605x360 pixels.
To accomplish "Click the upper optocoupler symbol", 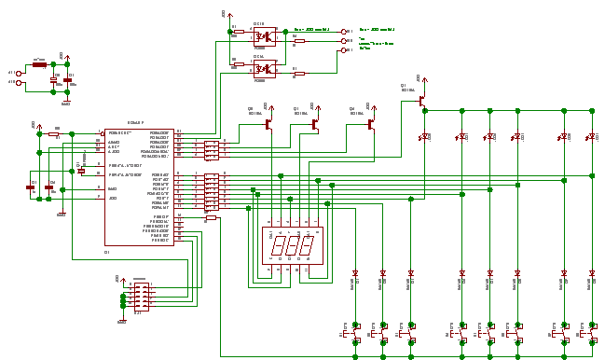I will click(x=265, y=36).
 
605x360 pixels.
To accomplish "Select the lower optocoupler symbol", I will click(x=265, y=69).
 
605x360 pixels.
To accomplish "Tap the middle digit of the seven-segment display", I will click(x=293, y=246).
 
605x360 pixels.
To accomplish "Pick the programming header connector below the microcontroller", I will click(x=141, y=297).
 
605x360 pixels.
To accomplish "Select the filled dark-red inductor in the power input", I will click(x=39, y=65).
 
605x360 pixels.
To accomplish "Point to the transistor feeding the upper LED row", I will click(x=421, y=96).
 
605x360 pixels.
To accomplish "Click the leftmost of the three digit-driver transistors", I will click(x=268, y=122).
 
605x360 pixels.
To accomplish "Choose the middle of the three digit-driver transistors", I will click(x=314, y=122).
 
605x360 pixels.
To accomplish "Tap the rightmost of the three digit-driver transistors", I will click(x=370, y=122).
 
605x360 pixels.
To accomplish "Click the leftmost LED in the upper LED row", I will click(x=425, y=137).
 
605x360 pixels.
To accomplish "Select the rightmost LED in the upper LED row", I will click(x=591, y=137).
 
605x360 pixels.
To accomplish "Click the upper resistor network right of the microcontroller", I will click(x=212, y=150).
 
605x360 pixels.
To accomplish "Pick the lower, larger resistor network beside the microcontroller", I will click(x=212, y=191).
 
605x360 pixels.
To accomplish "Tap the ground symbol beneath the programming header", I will click(x=121, y=321).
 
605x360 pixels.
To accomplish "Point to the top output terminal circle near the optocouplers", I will click(x=343, y=31).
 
